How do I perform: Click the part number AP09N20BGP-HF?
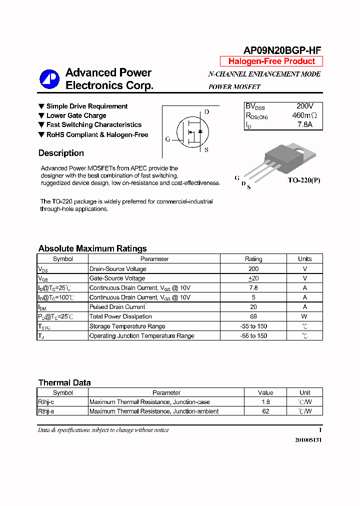click(282, 50)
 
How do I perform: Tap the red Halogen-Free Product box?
click(271, 61)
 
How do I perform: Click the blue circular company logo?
click(50, 79)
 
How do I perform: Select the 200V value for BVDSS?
click(304, 106)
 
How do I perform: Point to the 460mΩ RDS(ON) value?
click(304, 115)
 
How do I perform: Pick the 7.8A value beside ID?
click(304, 125)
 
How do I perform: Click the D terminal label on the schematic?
click(206, 112)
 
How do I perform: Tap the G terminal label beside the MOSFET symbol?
click(168, 139)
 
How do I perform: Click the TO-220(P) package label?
click(303, 180)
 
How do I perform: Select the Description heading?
click(61, 153)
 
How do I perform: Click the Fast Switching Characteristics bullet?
click(93, 125)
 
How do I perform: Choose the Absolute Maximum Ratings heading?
click(92, 248)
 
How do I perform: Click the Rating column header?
click(253, 259)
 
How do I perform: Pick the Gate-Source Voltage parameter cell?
click(117, 278)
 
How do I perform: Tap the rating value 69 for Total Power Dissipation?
click(253, 316)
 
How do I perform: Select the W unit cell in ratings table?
click(304, 316)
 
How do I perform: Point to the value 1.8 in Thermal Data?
click(265, 402)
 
